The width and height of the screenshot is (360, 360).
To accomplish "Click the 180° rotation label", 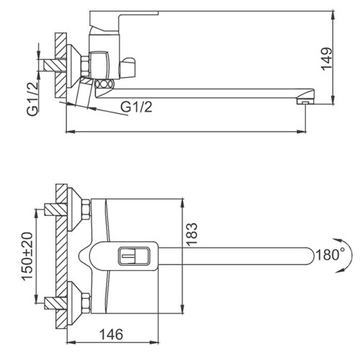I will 331,254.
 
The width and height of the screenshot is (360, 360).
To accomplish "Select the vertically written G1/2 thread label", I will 32,101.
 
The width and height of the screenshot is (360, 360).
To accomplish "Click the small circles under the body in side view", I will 104,85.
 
